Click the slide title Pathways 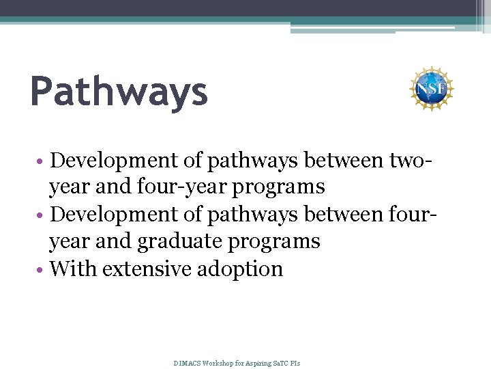click(119, 93)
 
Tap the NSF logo click(431, 89)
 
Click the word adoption click(240, 269)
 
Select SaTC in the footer click(282, 363)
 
